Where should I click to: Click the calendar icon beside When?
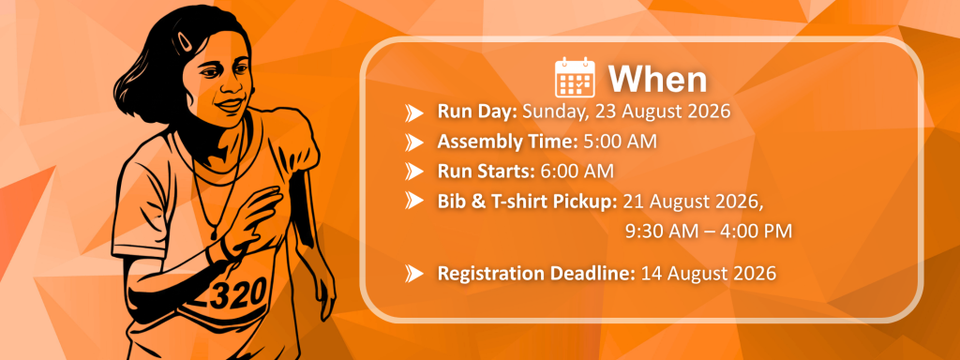575,78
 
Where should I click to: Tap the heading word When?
657,79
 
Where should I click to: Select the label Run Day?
477,112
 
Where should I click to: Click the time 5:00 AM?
620,142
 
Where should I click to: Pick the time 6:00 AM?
577,172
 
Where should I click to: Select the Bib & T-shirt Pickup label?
527,202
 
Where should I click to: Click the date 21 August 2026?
693,202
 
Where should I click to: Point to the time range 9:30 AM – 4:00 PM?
709,231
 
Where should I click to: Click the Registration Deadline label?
536,273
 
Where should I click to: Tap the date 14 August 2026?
709,273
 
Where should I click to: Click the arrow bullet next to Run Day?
414,113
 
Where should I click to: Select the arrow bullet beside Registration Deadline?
414,273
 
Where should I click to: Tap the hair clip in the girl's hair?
183,43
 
